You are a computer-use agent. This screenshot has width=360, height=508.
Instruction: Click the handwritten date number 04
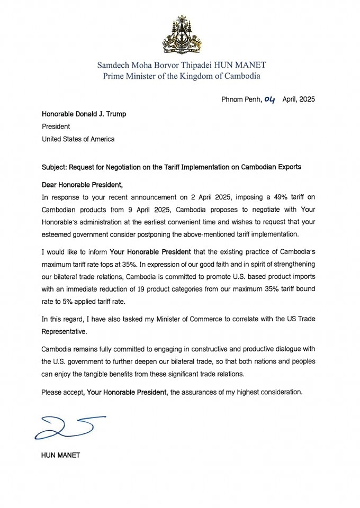click(x=269, y=99)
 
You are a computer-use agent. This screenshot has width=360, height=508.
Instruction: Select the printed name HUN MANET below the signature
click(x=60, y=455)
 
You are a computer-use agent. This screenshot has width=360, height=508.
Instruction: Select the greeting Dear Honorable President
click(x=82, y=185)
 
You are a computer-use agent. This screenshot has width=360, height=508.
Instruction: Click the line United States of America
click(x=78, y=139)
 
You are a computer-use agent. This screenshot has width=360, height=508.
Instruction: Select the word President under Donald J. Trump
click(x=56, y=126)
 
